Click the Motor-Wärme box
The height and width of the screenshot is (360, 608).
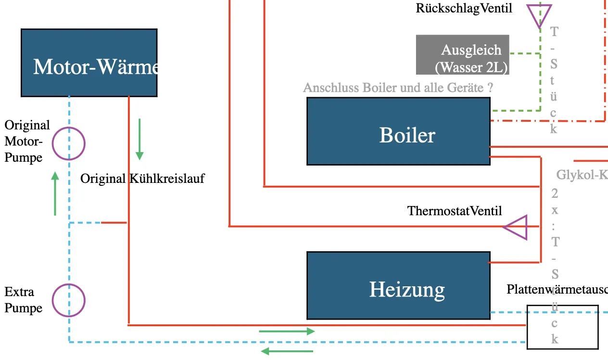[x=89, y=63]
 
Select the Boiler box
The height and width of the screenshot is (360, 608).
[x=398, y=131]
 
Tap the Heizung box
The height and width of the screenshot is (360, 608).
[x=398, y=285]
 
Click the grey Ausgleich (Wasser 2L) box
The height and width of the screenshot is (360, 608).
[x=462, y=54]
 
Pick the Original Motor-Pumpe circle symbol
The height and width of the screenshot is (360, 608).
[x=69, y=143]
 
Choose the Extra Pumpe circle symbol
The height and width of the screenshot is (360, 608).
[x=69, y=300]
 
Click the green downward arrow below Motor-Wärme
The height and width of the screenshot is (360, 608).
[x=139, y=139]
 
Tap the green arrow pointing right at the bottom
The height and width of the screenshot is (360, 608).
[x=287, y=331]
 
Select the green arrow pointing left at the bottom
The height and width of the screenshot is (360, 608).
[x=287, y=351]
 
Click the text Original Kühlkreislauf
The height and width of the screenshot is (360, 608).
[x=142, y=179]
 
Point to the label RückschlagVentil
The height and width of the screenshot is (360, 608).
[x=464, y=8]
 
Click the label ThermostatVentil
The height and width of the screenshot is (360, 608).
[x=455, y=211]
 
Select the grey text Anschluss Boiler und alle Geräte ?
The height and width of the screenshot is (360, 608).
[x=398, y=88]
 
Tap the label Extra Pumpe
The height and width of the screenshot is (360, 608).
[x=24, y=300]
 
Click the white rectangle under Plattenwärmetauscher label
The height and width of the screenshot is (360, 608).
[x=562, y=327]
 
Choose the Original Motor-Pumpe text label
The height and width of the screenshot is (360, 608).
[x=27, y=141]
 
